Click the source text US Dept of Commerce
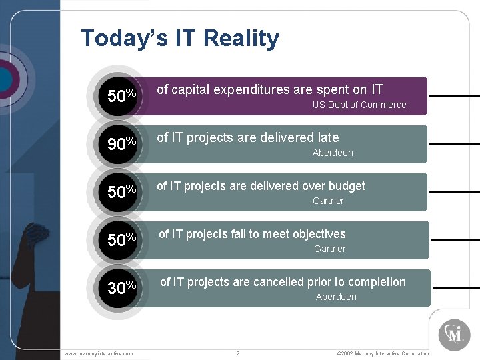[359, 105]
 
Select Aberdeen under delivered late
[333, 153]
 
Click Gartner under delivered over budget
[328, 201]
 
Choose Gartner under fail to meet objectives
[329, 249]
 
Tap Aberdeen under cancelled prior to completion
[336, 297]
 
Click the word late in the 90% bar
[328, 138]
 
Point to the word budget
[345, 186]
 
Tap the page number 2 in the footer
[238, 353]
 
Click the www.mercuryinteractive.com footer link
[99, 353]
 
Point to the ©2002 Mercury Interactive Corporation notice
[383, 353]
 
